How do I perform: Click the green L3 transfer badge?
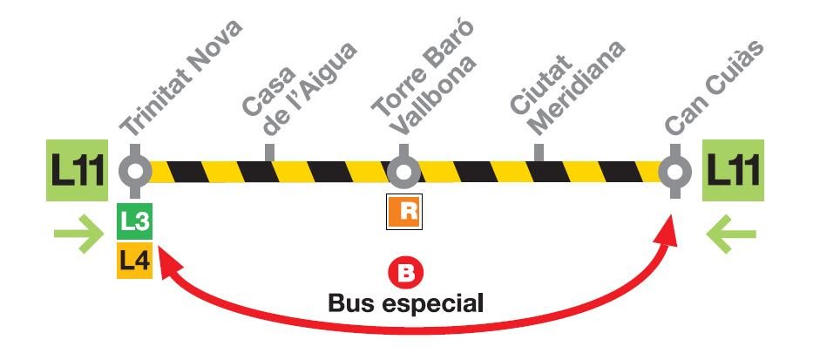135,223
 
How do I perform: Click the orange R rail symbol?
404,212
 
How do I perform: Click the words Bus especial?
405,305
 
